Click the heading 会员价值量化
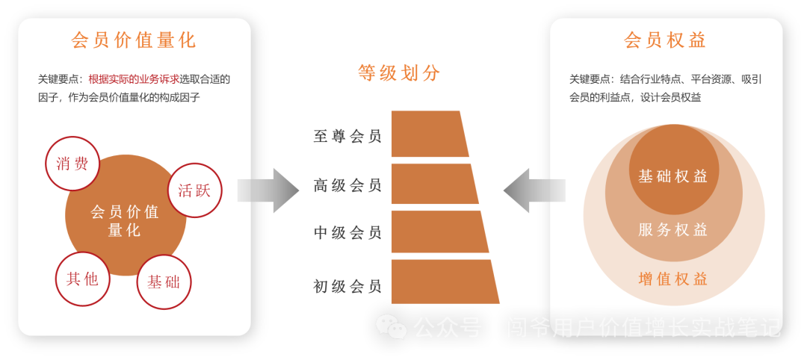(x=134, y=40)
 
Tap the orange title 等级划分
(x=398, y=73)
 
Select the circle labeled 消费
(x=72, y=164)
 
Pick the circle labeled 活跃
(x=194, y=190)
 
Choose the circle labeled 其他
(x=82, y=279)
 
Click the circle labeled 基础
(x=164, y=282)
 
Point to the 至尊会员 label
(x=347, y=136)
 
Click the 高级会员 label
(x=347, y=185)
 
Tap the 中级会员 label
(x=347, y=233)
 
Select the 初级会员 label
(x=347, y=286)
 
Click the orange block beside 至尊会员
(x=428, y=134)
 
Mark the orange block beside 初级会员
(x=443, y=282)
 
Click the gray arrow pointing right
(x=268, y=190)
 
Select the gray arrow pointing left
(x=534, y=190)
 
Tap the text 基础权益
(x=672, y=176)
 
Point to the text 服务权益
(x=672, y=230)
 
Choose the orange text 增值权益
(x=672, y=279)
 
